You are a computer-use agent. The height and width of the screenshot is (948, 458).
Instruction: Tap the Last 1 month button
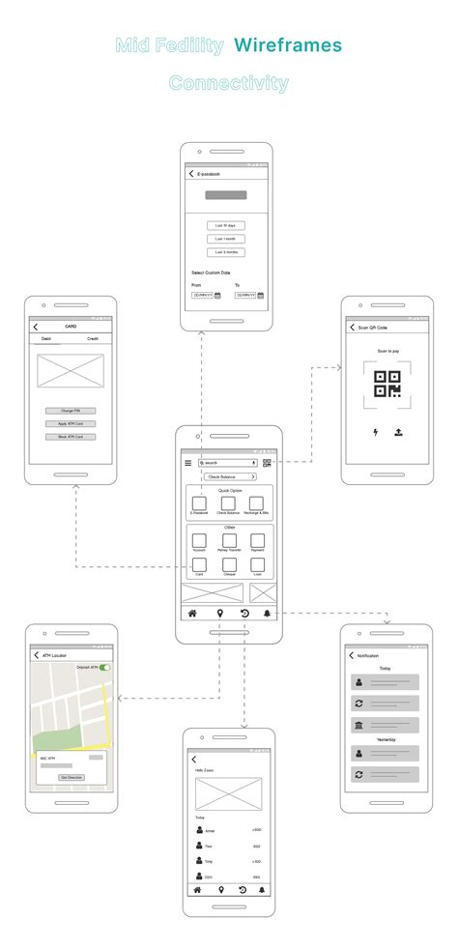coord(225,239)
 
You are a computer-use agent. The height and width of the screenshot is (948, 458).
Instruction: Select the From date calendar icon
coord(217,295)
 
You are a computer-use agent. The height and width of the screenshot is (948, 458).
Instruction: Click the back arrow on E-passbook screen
coord(191,174)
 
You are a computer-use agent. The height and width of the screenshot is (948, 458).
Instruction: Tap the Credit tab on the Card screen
coord(93,339)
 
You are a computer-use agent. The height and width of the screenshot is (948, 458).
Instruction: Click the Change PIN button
coord(71,411)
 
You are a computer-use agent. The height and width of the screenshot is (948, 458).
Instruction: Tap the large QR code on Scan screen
coord(387,385)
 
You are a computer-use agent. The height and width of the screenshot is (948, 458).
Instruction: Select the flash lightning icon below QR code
coord(375,432)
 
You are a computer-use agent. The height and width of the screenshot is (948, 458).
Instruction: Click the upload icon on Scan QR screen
coord(398,432)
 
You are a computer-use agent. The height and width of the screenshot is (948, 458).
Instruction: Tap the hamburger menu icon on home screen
coord(188,463)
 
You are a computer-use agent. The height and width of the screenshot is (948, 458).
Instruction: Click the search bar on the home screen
coord(227,463)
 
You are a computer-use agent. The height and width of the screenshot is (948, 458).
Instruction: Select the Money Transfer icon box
coord(229,540)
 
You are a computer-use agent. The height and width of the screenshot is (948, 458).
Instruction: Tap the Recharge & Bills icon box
coord(257,503)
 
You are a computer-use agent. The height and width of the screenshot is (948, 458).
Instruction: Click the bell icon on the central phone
coord(268,614)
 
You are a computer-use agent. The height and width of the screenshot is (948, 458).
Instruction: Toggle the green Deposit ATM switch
coord(104,667)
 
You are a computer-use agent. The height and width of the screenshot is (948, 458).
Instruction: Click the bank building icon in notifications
coord(359,726)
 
